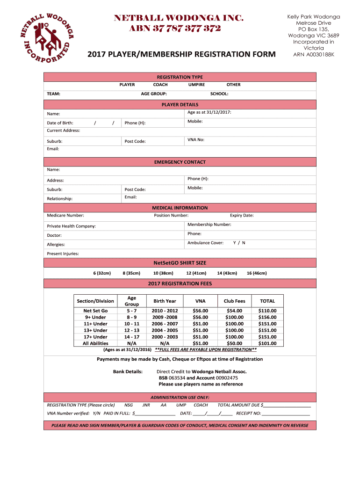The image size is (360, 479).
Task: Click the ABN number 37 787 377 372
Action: pos(175,29)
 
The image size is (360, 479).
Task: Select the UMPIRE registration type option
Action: pos(196,85)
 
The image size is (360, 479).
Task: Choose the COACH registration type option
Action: pos(160,85)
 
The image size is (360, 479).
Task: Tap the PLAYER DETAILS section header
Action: pos(180,104)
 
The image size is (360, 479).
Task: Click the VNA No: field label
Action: pos(196,139)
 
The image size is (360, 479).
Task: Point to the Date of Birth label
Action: pos(60,123)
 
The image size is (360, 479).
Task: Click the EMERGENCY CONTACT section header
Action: pos(180,162)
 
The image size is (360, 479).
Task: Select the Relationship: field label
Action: pos(60,199)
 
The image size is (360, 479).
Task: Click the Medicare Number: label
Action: pos(65,215)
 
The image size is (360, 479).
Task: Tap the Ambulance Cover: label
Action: pos(205,243)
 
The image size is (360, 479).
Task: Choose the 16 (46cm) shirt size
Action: pos(257,273)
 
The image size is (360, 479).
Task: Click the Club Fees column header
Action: pos(234,301)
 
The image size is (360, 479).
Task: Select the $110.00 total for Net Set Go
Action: pos(267,311)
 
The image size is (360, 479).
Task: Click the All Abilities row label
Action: pos(95,343)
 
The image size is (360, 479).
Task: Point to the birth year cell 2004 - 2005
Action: pos(165,330)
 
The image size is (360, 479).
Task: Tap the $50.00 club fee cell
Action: pos(234,343)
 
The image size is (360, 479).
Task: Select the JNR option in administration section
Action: pos(146,405)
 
